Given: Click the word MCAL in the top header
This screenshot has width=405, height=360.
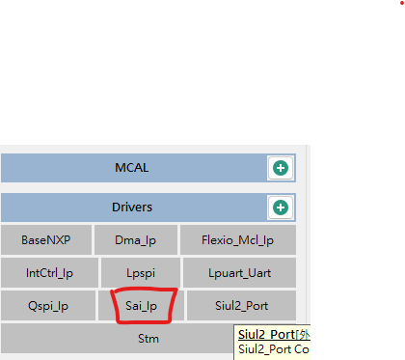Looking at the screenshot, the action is (x=132, y=168).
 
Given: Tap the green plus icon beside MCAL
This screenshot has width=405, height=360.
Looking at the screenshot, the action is (x=281, y=168).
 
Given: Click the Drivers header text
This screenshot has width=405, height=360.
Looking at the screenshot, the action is (x=132, y=207).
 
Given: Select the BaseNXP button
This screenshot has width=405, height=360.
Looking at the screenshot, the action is (x=45, y=240).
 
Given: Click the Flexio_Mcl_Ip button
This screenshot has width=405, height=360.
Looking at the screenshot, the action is (x=239, y=240).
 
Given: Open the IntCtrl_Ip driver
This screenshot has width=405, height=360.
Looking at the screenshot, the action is (x=48, y=273).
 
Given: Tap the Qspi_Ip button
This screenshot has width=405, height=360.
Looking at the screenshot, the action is (x=47, y=306).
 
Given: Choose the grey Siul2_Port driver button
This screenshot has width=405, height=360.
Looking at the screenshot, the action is (x=241, y=306).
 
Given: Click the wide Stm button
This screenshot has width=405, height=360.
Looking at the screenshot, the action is (x=148, y=339).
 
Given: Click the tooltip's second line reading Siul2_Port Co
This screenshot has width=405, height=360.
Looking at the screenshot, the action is (x=274, y=349).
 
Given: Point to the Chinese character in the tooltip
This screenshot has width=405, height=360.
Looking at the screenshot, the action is (x=303, y=334).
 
